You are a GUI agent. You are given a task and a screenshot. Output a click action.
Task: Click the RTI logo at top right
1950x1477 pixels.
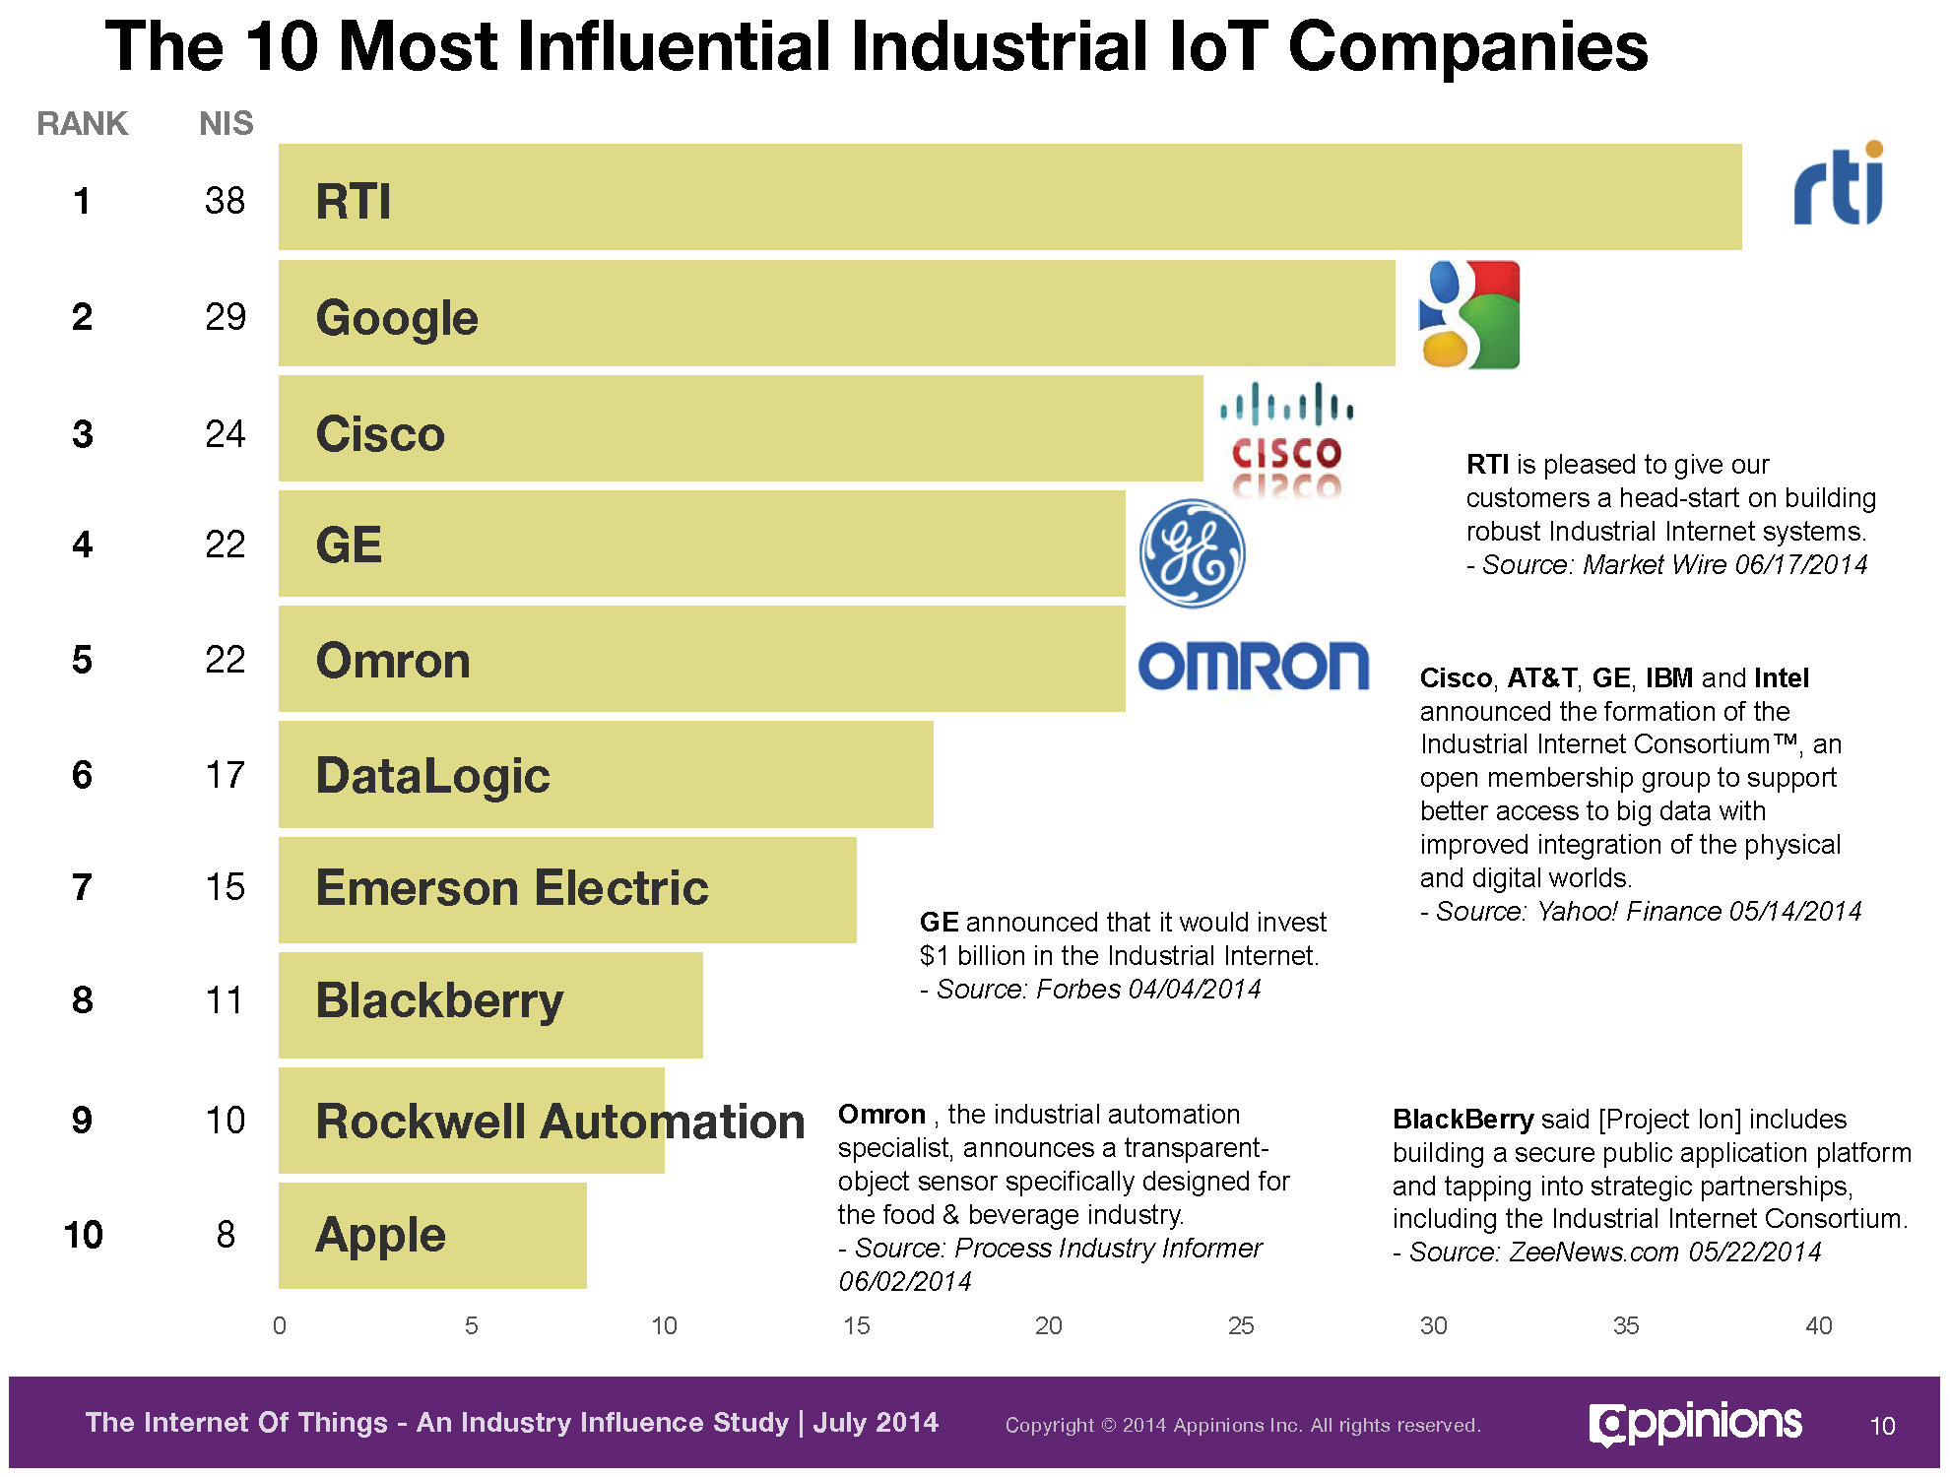[1838, 185]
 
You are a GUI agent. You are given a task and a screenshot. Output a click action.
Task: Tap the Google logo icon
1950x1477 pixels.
[1467, 315]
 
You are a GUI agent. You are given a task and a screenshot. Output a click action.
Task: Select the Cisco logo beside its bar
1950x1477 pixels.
[1286, 438]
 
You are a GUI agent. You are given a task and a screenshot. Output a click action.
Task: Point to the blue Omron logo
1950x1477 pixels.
[1253, 667]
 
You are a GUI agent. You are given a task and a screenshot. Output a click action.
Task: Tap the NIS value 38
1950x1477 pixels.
[225, 201]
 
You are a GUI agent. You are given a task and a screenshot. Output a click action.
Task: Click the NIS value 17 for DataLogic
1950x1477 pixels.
[225, 776]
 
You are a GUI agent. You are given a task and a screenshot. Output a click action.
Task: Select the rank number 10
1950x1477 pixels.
[83, 1235]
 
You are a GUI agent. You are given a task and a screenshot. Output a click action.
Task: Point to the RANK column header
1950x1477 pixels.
[83, 124]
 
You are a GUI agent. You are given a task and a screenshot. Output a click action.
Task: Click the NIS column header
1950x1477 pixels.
[226, 124]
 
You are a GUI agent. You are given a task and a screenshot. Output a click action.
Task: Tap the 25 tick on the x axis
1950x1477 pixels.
[1240, 1325]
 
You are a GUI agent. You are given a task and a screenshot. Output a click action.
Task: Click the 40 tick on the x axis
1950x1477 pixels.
[1818, 1325]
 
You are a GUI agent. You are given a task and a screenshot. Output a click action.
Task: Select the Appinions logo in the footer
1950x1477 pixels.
[1695, 1424]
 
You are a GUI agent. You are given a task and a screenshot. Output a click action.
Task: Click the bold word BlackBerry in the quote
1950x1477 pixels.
[1462, 1120]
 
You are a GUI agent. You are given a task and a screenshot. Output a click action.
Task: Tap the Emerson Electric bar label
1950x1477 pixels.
[512, 888]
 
